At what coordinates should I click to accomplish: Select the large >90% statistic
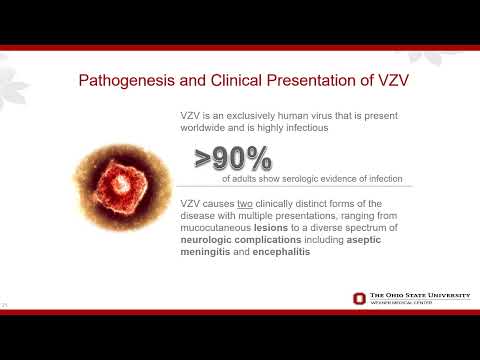click(234, 159)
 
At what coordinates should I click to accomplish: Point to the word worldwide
click(208, 129)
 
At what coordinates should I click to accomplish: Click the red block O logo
click(359, 298)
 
